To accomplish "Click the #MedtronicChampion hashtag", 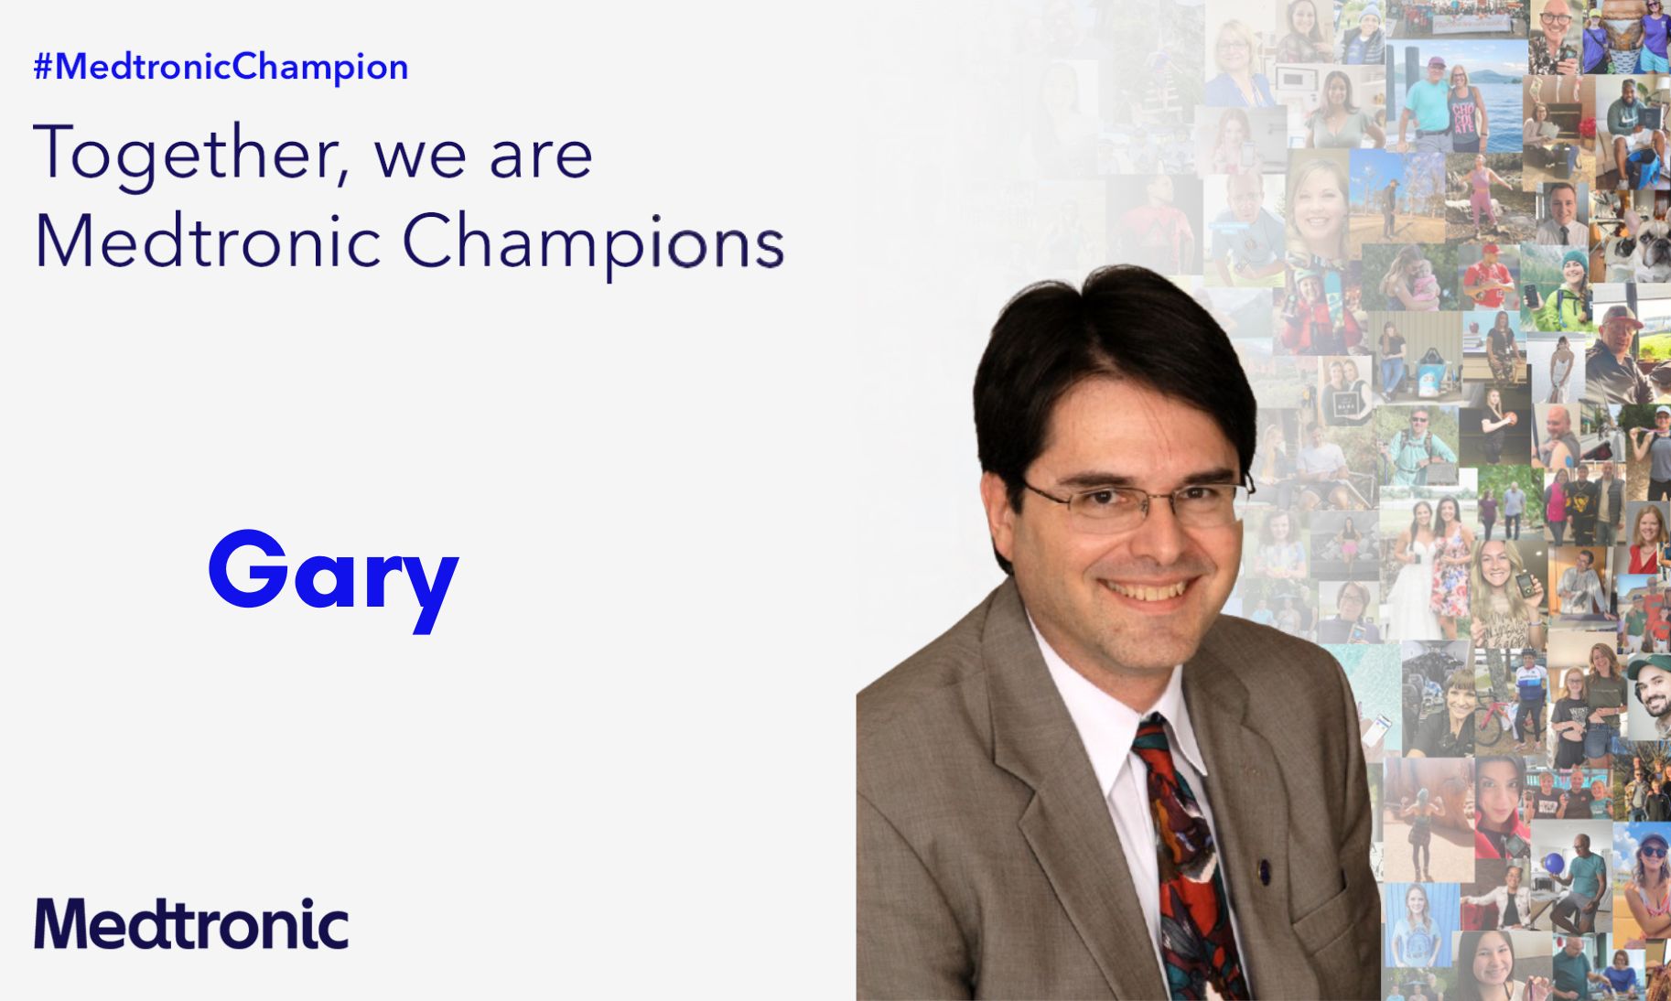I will tap(221, 67).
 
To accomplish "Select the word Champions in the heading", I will tap(592, 242).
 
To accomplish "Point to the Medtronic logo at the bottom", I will tap(191, 924).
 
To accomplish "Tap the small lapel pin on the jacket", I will tap(1264, 870).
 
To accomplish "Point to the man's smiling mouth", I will tap(1149, 590).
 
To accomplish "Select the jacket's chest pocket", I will tap(1331, 906).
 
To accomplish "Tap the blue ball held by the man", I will tap(1554, 862).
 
